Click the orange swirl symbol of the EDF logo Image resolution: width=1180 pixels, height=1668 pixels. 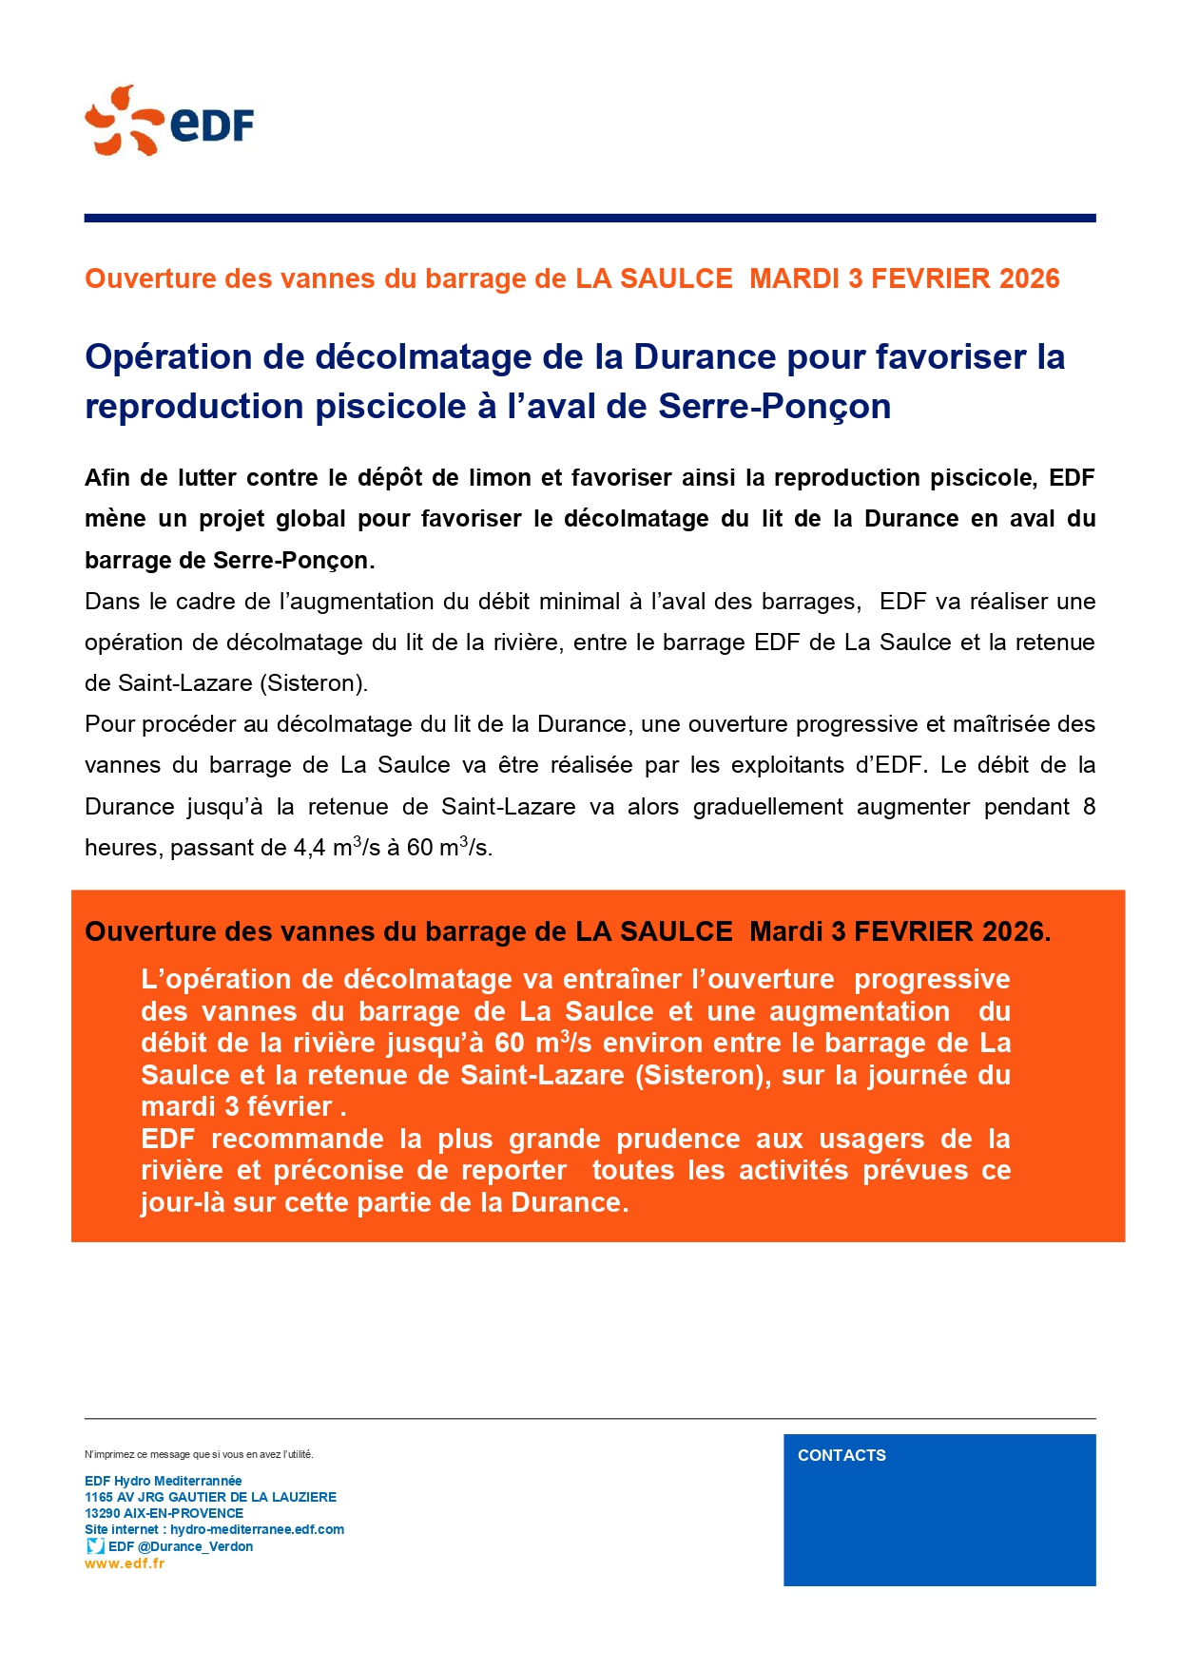pos(122,121)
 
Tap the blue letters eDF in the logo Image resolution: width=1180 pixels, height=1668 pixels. pos(212,125)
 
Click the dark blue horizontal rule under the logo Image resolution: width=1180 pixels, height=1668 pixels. pos(590,219)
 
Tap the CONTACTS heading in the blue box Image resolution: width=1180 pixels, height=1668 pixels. pos(841,1455)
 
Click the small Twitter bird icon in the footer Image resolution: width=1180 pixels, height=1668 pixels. pos(95,1546)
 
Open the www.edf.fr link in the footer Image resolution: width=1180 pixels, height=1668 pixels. pos(125,1563)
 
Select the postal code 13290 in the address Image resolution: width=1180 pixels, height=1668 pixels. pos(102,1513)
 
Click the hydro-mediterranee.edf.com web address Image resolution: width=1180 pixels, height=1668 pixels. pos(257,1529)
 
